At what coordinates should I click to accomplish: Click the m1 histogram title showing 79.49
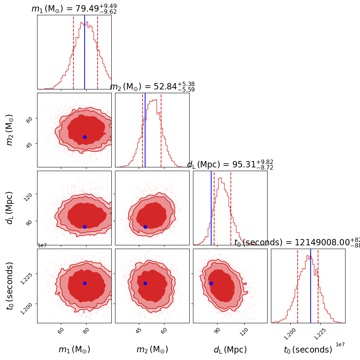pyautogui.click(x=74, y=9)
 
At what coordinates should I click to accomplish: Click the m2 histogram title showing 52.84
pyautogui.click(x=152, y=87)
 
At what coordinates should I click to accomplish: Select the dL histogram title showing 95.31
pyautogui.click(x=230, y=165)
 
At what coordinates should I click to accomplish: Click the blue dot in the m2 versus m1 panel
pyautogui.click(x=85, y=137)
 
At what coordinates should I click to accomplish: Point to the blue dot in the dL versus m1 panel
pyautogui.click(x=85, y=227)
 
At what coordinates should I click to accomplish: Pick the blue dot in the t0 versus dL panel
pyautogui.click(x=211, y=283)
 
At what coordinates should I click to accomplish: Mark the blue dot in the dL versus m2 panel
pyautogui.click(x=145, y=227)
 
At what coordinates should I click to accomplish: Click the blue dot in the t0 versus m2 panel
pyautogui.click(x=145, y=283)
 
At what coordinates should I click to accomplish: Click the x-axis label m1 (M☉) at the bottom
pyautogui.click(x=74, y=350)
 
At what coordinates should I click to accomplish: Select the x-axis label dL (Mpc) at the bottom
pyautogui.click(x=230, y=350)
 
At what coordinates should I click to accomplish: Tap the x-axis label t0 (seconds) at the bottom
pyautogui.click(x=308, y=350)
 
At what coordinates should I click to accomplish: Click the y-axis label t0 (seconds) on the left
pyautogui.click(x=10, y=286)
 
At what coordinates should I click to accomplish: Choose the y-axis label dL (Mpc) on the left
pyautogui.click(x=10, y=208)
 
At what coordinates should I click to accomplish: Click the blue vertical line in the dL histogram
pyautogui.click(x=211, y=208)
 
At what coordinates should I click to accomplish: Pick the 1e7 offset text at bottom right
pyautogui.click(x=340, y=345)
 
